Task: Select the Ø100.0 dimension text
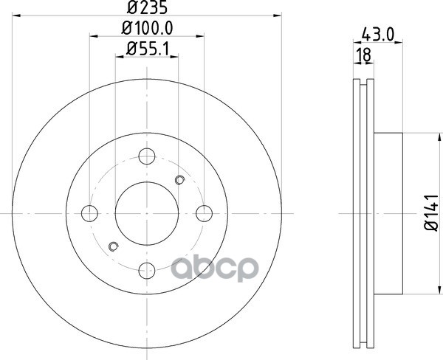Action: [147, 28]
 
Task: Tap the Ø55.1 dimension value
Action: [148, 49]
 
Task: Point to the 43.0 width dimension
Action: [378, 35]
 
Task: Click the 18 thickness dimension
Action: [363, 55]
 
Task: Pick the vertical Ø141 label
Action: [432, 212]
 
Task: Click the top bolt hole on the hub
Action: [147, 156]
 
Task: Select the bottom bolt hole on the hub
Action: [147, 271]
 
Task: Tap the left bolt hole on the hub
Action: [89, 213]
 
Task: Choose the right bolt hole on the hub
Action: [204, 213]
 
